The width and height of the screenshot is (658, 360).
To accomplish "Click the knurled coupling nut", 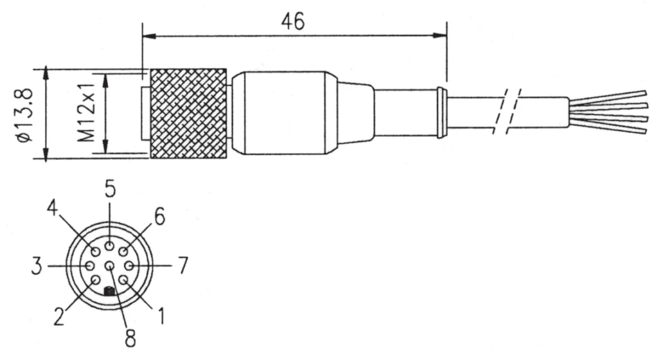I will click(x=188, y=113).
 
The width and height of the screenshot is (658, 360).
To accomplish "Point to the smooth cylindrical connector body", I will click(x=283, y=113).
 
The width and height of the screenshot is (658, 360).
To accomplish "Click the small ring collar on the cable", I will click(x=441, y=113).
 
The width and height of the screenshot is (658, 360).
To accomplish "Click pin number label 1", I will click(x=161, y=314).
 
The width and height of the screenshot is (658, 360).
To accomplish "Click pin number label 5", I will click(x=110, y=190).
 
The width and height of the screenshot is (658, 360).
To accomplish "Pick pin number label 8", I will click(x=130, y=336).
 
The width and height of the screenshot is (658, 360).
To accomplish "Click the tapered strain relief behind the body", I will click(x=355, y=113).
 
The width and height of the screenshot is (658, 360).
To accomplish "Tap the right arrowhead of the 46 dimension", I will click(x=441, y=35).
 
